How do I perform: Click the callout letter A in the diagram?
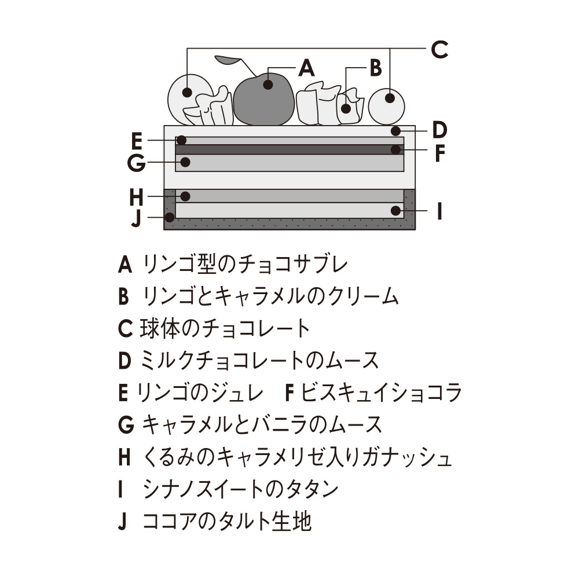306,68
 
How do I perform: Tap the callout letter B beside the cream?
375,68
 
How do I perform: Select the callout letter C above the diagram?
439,50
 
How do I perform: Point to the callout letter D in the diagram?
439,130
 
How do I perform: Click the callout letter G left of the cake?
136,163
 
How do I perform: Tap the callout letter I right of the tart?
439,211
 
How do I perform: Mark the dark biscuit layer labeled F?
289,149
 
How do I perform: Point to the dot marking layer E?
181,140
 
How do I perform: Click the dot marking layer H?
186,196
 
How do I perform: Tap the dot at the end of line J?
170,218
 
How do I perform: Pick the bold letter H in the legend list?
124,457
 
